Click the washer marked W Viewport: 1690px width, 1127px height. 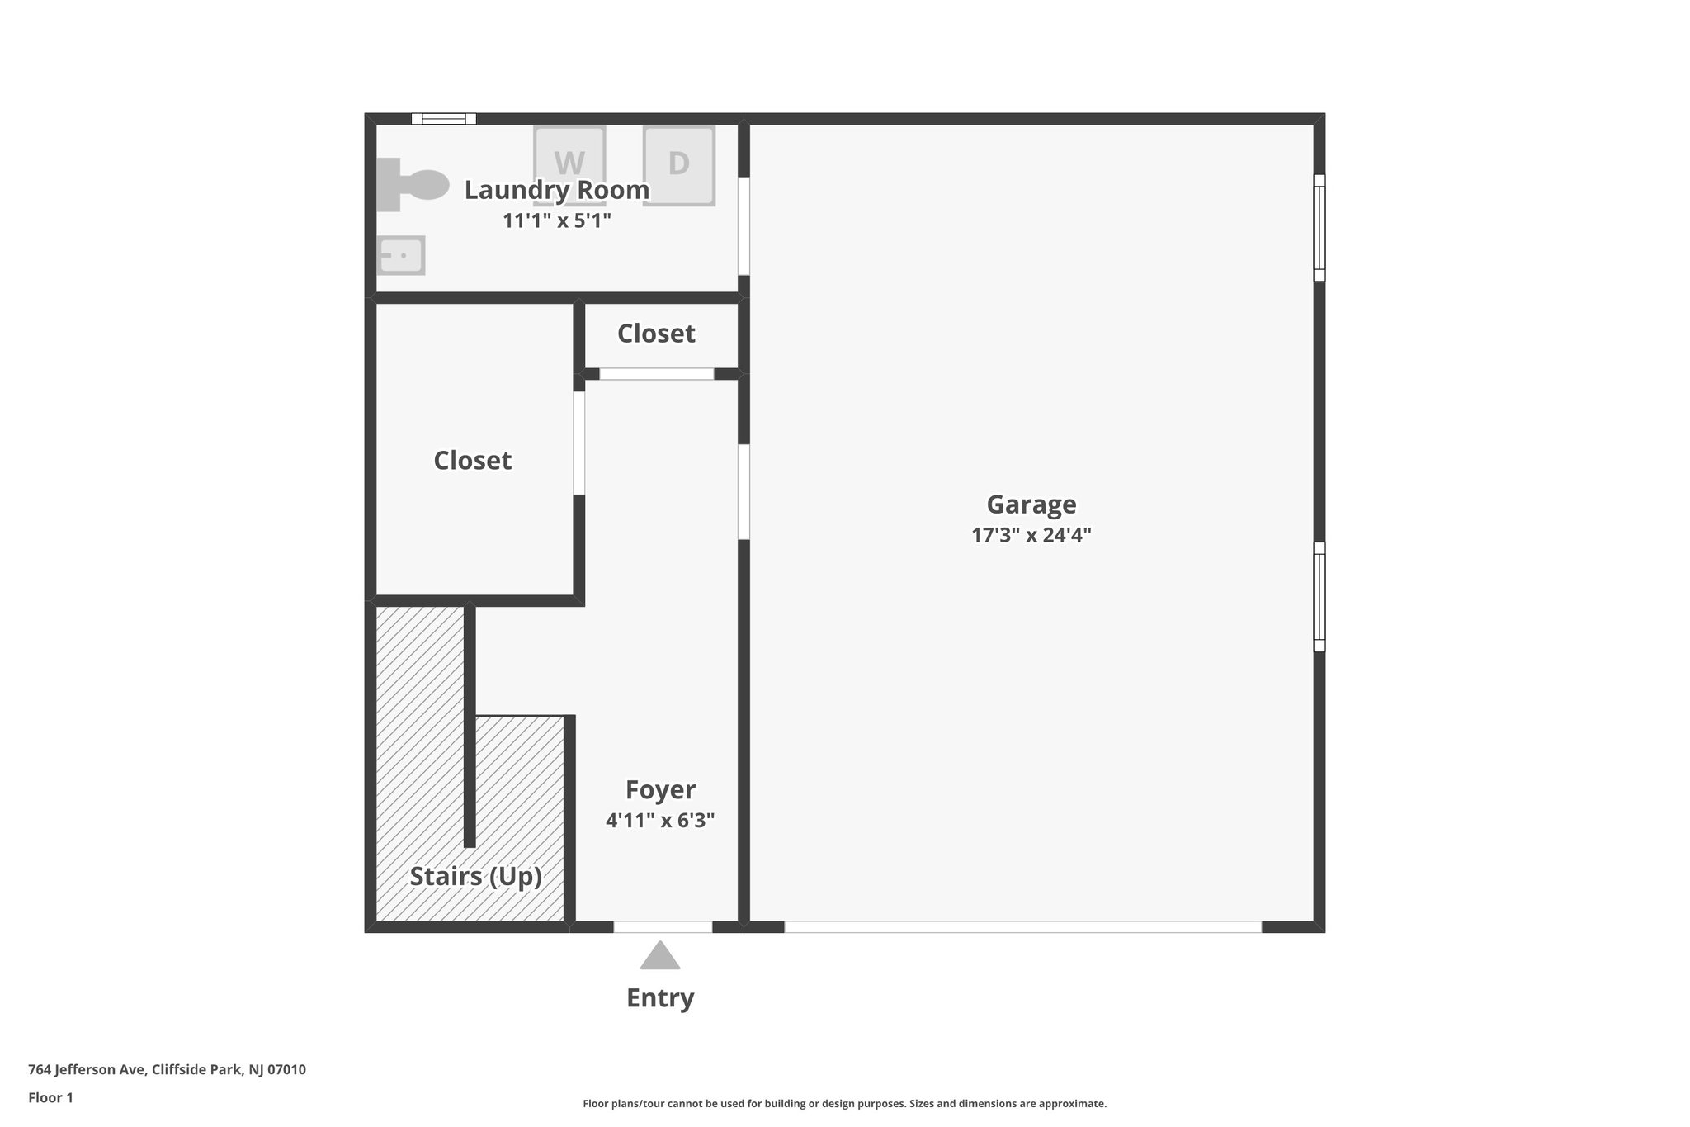569,163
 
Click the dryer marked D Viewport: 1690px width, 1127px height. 678,164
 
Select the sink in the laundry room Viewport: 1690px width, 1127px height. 401,255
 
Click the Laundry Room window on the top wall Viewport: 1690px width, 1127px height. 444,119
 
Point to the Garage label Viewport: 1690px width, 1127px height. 1031,504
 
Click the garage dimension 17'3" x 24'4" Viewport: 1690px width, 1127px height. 1031,535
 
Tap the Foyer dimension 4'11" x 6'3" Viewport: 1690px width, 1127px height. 659,821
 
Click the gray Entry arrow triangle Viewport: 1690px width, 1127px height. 660,957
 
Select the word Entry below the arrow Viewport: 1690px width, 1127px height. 660,998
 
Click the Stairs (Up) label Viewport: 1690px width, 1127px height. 476,876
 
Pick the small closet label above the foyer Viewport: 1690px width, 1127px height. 656,334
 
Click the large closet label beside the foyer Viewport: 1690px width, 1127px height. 473,461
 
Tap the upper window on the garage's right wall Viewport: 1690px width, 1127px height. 1319,228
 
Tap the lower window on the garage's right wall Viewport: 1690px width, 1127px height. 1319,596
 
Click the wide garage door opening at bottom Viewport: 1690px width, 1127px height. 1022,927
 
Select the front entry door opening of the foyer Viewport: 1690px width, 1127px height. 663,927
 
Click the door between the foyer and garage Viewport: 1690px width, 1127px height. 744,492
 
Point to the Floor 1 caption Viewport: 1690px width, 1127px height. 50,1098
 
